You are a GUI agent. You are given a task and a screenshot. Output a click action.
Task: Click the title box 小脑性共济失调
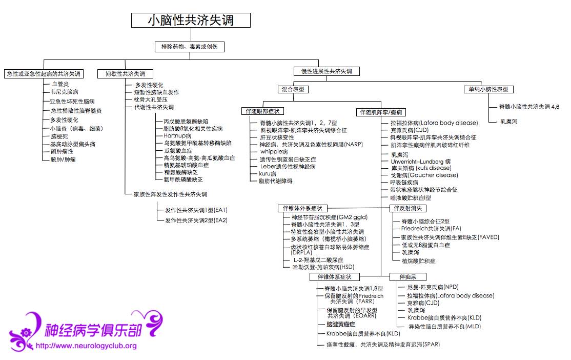click(x=191, y=20)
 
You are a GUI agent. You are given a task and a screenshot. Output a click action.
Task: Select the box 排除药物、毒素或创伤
click(x=190, y=47)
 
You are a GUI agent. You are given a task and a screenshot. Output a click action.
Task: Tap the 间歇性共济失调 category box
click(x=126, y=74)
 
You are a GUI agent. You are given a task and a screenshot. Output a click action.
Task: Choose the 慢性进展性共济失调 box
click(x=327, y=71)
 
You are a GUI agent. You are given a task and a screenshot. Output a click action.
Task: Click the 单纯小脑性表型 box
click(x=488, y=89)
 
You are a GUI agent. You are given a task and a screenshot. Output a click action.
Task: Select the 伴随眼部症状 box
click(x=262, y=111)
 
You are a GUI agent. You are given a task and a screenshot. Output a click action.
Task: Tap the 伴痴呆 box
click(x=402, y=277)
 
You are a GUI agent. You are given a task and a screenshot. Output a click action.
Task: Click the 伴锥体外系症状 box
click(x=302, y=208)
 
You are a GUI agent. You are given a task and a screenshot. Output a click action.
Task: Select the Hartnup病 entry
click(x=177, y=136)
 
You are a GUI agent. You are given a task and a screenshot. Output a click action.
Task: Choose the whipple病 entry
click(x=274, y=152)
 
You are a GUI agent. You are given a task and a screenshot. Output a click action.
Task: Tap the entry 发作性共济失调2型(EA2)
click(x=196, y=220)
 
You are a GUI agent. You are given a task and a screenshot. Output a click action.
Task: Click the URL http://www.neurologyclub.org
click(x=86, y=346)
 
